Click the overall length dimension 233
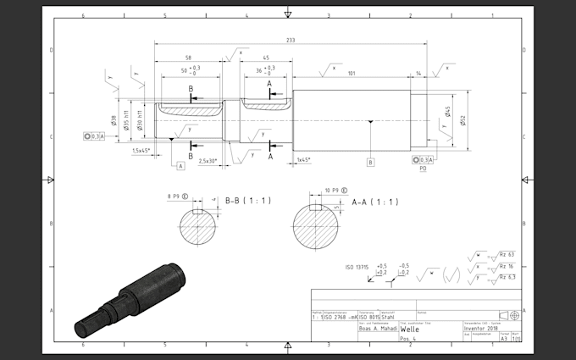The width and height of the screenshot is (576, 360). pyautogui.click(x=291, y=39)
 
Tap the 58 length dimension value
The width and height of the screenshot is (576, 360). pyautogui.click(x=186, y=58)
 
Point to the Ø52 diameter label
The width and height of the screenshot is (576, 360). pyautogui.click(x=462, y=120)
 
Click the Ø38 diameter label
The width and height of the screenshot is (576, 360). pyautogui.click(x=114, y=125)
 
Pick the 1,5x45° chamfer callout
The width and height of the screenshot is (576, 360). pyautogui.click(x=141, y=150)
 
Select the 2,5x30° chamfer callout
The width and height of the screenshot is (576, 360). pyautogui.click(x=208, y=160)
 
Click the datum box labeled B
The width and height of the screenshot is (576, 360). pyautogui.click(x=370, y=160)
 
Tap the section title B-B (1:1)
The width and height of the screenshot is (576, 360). pyautogui.click(x=247, y=201)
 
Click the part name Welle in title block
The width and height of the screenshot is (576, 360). pyautogui.click(x=412, y=329)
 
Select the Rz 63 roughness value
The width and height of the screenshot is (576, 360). pyautogui.click(x=507, y=253)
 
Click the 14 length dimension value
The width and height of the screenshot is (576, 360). pyautogui.click(x=420, y=74)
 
